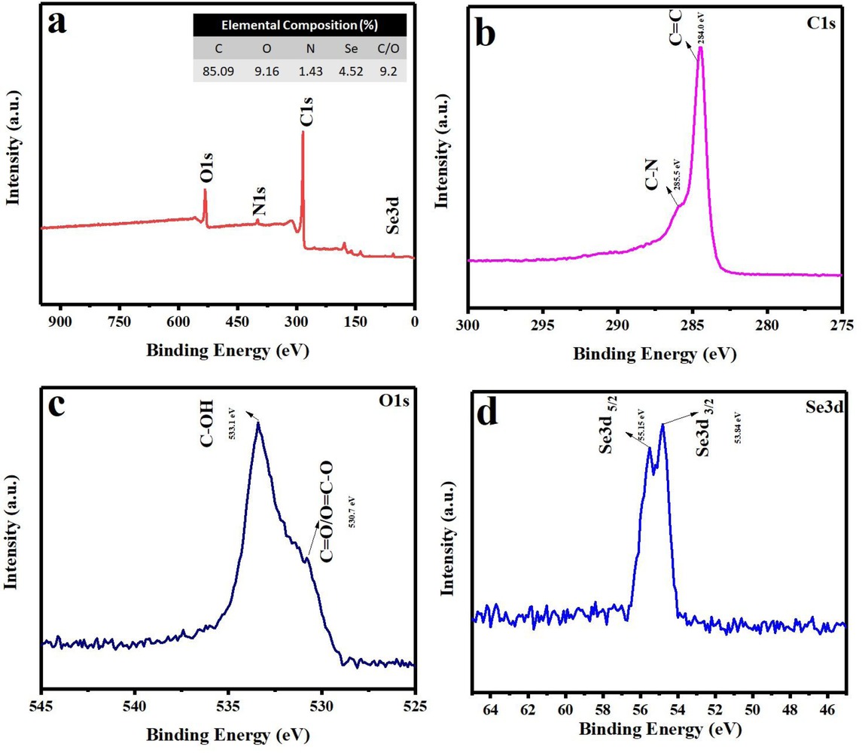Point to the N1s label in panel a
[x=259, y=206]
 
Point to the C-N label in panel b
[x=654, y=193]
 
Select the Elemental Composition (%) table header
[x=299, y=24]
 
